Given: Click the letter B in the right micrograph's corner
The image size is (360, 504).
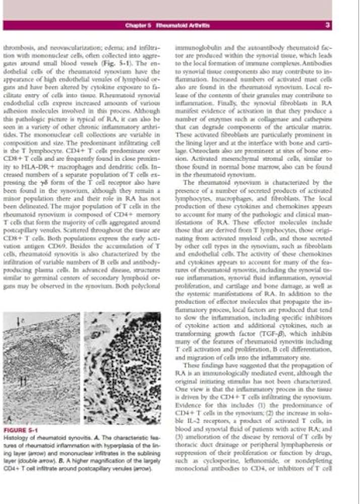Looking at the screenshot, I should click(x=89, y=419).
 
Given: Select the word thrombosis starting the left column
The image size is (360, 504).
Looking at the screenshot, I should click(x=17, y=48).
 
